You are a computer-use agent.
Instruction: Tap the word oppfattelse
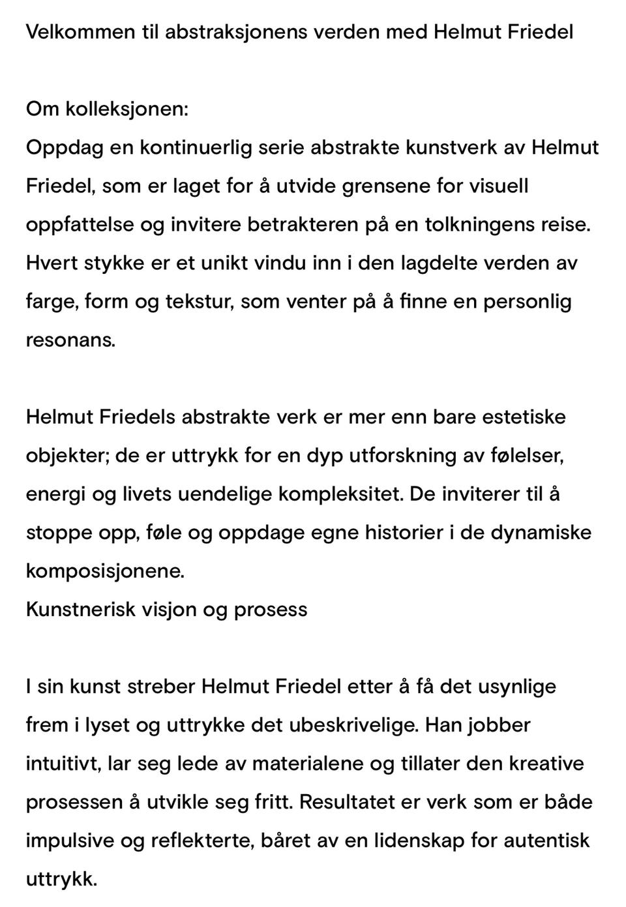coord(80,224)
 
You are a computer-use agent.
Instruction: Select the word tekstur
coord(200,301)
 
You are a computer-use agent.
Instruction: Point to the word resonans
coord(70,340)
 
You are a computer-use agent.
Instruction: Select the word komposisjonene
coord(105,571)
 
